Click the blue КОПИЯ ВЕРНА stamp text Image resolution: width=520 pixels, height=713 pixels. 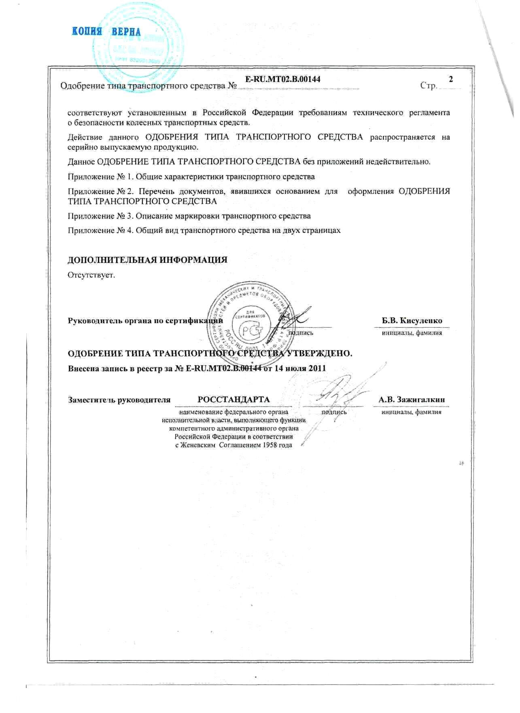107,32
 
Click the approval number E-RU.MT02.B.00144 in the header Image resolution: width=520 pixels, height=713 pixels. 283,79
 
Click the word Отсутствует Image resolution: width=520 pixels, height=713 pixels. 91,275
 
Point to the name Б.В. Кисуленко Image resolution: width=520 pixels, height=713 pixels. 412,321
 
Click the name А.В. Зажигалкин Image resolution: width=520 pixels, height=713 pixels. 412,400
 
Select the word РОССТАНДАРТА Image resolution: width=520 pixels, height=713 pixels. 233,400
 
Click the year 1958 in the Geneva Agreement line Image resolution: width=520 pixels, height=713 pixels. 263,445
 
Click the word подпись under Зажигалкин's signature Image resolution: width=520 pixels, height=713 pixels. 333,412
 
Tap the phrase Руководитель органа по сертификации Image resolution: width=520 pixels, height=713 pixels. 145,321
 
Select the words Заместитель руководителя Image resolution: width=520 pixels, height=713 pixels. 119,400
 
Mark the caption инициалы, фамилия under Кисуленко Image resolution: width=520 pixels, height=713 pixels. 412,333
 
